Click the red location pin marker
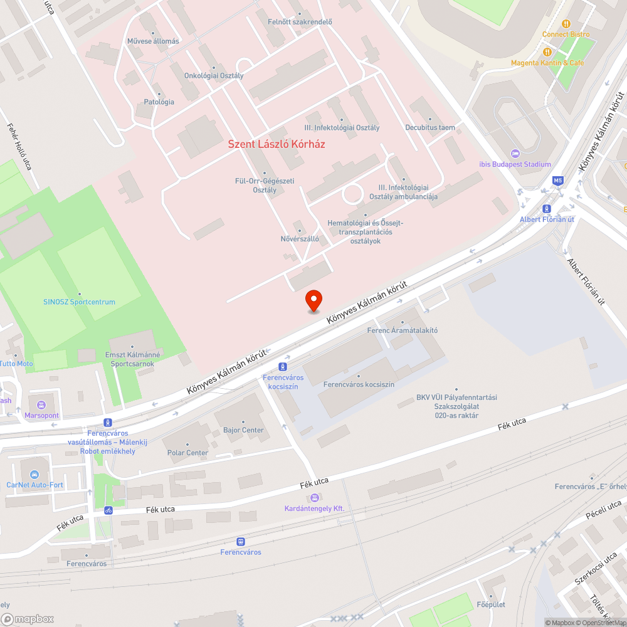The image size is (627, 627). pos(313,300)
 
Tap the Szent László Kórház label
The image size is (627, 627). pos(277,144)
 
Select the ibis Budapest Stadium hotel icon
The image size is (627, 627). pos(515,154)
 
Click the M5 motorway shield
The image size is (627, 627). pos(557,181)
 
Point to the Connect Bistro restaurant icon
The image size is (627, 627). pos(566,24)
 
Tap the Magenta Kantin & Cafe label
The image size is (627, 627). pos(547,63)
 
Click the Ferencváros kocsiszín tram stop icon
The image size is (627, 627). pos(283,367)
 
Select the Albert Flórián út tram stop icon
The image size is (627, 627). pos(547,209)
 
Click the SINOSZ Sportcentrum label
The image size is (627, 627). pos(79,302)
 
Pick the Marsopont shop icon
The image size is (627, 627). pos(41,404)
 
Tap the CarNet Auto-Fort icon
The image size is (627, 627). pos(35,474)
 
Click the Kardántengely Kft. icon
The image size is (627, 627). pos(314,498)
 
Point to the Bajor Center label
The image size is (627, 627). pos(243,430)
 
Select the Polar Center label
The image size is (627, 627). pos(187,453)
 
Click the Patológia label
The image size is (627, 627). pos(159,102)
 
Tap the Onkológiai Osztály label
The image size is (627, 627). pos(214,75)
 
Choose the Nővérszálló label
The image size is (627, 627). pos(300,239)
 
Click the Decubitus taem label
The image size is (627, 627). pos(430,127)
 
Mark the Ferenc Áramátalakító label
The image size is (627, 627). pos(402,330)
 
